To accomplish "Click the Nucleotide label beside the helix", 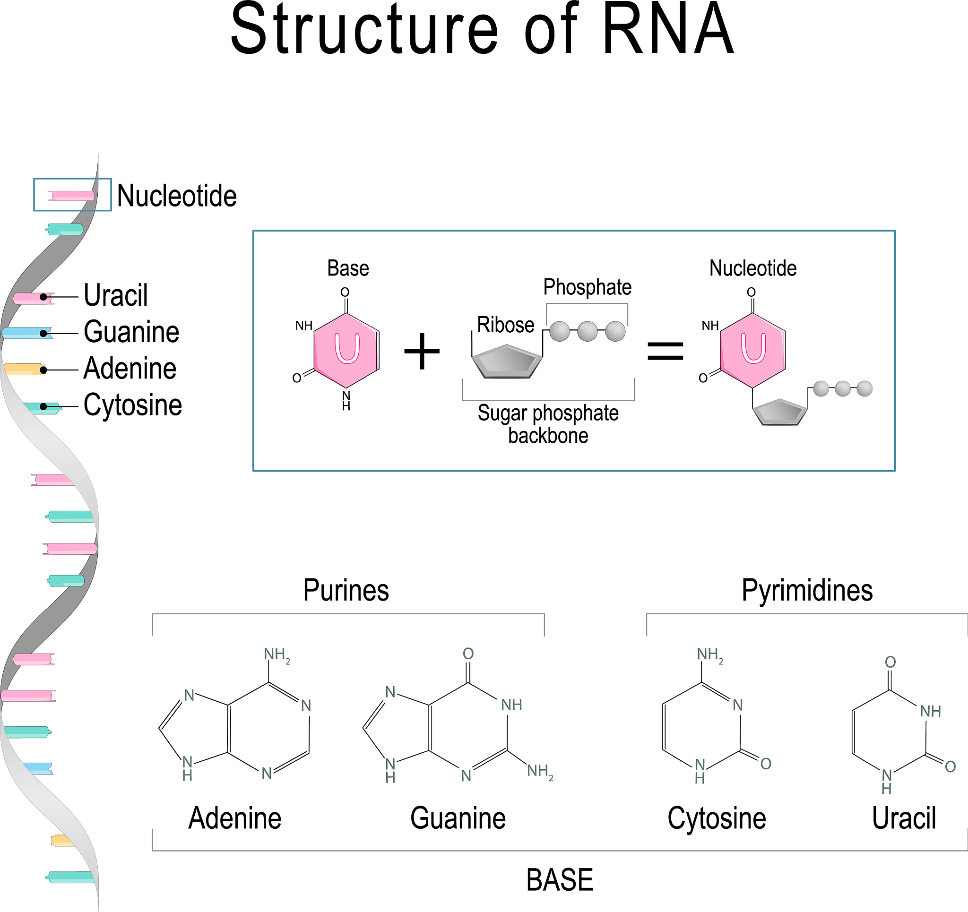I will [x=177, y=196].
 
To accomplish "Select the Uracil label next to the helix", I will [x=115, y=295].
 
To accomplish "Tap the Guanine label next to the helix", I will [x=131, y=332].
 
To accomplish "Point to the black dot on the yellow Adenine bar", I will [x=43, y=370].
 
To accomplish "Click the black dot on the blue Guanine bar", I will [x=43, y=334].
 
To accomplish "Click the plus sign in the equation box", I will [x=422, y=351].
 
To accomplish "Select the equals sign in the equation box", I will [x=665, y=351].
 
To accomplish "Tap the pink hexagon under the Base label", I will [x=346, y=350].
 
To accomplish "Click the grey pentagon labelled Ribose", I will [x=506, y=362].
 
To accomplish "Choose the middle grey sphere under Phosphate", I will [x=587, y=332].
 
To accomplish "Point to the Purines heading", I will [x=346, y=591].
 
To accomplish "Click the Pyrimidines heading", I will [x=807, y=591].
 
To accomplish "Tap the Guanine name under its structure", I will [x=458, y=818].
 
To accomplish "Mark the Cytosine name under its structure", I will [x=716, y=818].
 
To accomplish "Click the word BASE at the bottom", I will [x=560, y=880].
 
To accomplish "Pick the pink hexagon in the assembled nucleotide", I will [x=753, y=350].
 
